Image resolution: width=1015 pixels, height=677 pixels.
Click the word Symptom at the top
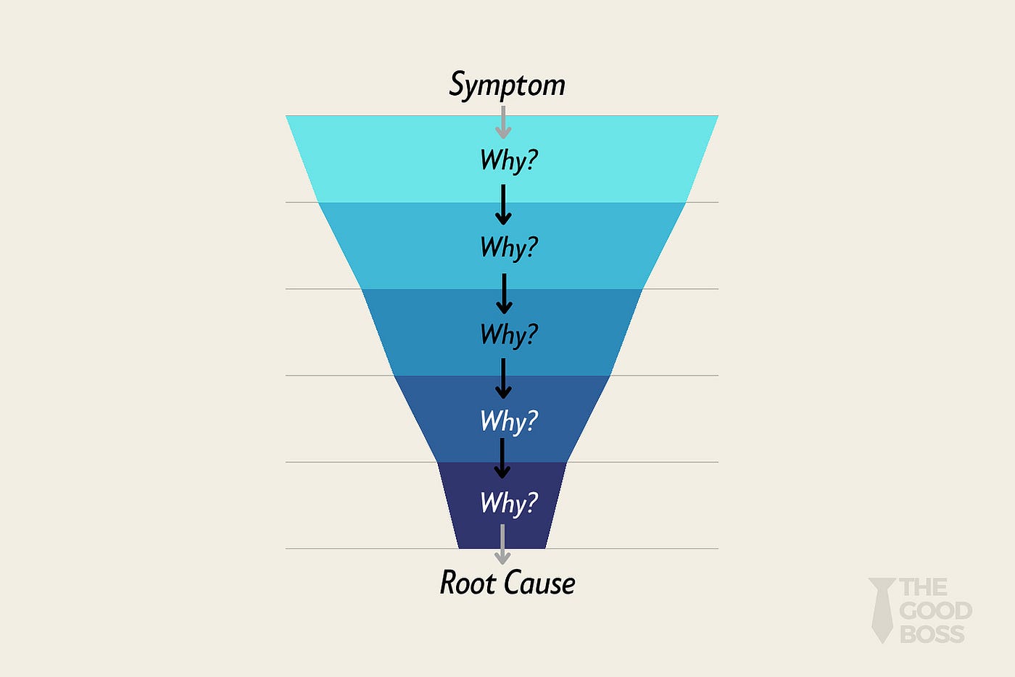(x=507, y=86)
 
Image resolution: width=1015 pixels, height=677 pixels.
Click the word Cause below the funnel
(x=539, y=583)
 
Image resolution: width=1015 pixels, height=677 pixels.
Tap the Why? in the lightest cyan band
(x=509, y=160)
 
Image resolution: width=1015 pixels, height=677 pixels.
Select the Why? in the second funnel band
(x=509, y=247)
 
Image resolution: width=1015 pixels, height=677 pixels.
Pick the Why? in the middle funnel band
(x=509, y=334)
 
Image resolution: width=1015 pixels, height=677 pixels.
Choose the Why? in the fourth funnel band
(x=509, y=421)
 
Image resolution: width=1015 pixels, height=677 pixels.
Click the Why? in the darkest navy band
(x=509, y=502)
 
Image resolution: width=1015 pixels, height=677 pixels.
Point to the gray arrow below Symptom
(x=503, y=122)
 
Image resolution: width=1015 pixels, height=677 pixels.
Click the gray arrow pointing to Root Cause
(x=502, y=544)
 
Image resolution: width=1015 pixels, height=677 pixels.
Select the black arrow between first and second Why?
(x=503, y=205)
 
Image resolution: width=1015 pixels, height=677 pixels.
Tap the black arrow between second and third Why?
(x=504, y=294)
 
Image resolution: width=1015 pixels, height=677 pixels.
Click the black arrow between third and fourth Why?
(x=503, y=379)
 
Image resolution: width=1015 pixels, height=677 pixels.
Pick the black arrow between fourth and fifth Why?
(x=502, y=458)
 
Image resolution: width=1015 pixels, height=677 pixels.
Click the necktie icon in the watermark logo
(x=882, y=610)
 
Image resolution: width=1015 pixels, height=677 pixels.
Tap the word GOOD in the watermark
(x=935, y=611)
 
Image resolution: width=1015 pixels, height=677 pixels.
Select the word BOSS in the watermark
(x=932, y=634)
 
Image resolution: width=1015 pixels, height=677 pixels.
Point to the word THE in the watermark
(x=923, y=587)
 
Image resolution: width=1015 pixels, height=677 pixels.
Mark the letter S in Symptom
(x=457, y=84)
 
